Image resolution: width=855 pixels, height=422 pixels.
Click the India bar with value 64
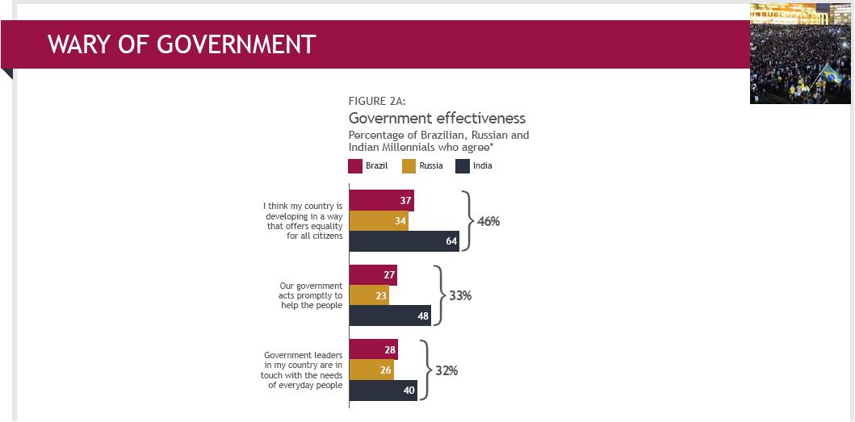click(404, 241)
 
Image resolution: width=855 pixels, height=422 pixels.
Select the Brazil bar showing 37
click(381, 201)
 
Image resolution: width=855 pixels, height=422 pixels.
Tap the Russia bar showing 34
click(379, 221)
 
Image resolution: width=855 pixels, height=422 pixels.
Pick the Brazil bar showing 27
click(373, 275)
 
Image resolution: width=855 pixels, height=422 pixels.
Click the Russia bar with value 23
click(369, 295)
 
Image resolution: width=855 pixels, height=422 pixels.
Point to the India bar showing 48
click(390, 315)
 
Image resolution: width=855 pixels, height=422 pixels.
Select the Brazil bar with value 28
click(373, 350)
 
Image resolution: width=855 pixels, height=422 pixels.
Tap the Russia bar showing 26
click(371, 370)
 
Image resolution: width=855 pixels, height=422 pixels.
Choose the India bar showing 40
click(383, 391)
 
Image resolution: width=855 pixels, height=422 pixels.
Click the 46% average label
click(488, 221)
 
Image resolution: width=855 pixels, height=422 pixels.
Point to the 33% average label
click(460, 295)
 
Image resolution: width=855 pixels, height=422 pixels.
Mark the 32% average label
click(446, 370)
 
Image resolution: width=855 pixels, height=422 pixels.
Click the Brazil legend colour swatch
click(354, 166)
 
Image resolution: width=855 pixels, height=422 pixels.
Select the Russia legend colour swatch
click(409, 166)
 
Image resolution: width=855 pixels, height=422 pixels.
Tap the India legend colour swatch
click(463, 166)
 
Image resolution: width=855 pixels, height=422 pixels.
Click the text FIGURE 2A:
click(377, 101)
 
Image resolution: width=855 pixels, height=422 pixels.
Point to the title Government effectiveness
click(437, 119)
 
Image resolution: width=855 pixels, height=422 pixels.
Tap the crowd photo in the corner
click(800, 53)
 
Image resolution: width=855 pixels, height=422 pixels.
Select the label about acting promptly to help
click(311, 295)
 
